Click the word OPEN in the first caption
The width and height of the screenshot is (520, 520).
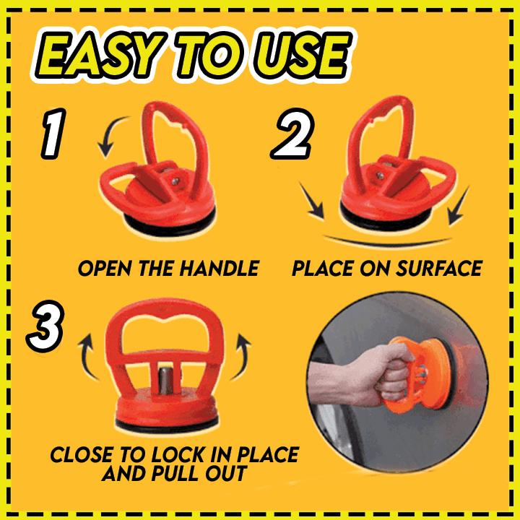(x=105, y=269)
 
